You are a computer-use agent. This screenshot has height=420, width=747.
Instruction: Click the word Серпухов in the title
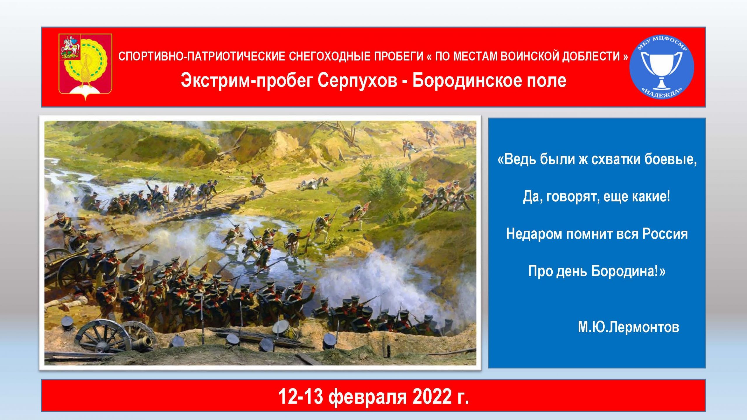coord(357,80)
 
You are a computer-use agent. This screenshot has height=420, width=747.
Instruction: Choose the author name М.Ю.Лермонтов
coord(628,327)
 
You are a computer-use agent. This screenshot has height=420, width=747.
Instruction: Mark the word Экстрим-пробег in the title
coord(246,81)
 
